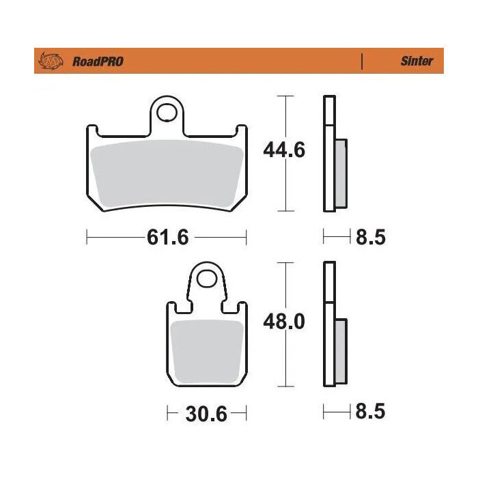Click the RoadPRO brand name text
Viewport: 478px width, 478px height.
pyautogui.click(x=97, y=61)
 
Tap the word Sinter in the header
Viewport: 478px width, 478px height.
pyautogui.click(x=416, y=61)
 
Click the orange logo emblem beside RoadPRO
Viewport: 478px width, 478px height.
pyautogui.click(x=51, y=61)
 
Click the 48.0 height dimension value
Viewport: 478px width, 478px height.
pyautogui.click(x=284, y=321)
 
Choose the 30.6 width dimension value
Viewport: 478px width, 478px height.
pyautogui.click(x=206, y=414)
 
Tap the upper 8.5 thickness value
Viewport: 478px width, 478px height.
pyautogui.click(x=371, y=238)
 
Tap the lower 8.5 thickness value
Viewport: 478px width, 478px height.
pyautogui.click(x=371, y=412)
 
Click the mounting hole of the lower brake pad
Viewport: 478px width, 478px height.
pyautogui.click(x=206, y=279)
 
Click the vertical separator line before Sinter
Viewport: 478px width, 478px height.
pyautogui.click(x=361, y=61)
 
